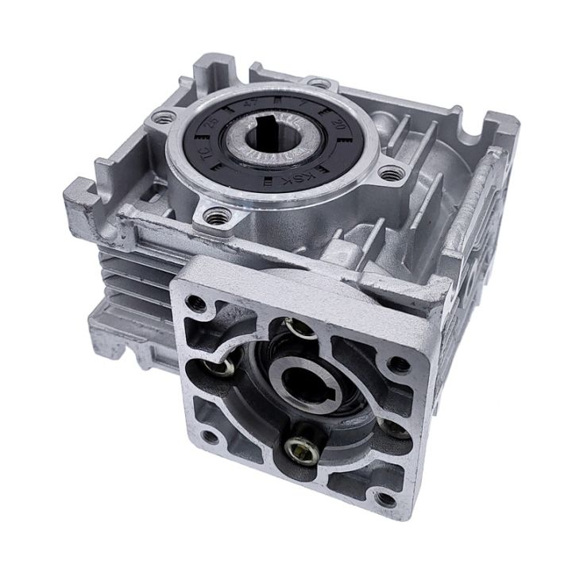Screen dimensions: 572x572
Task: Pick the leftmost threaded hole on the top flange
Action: tap(164, 118)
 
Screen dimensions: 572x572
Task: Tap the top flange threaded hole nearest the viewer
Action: tap(214, 214)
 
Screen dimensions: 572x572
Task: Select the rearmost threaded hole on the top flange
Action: tap(318, 83)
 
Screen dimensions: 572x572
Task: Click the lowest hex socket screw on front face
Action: tap(303, 450)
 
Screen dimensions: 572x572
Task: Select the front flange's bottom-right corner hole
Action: tap(385, 500)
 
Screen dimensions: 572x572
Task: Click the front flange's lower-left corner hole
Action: tap(208, 436)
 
